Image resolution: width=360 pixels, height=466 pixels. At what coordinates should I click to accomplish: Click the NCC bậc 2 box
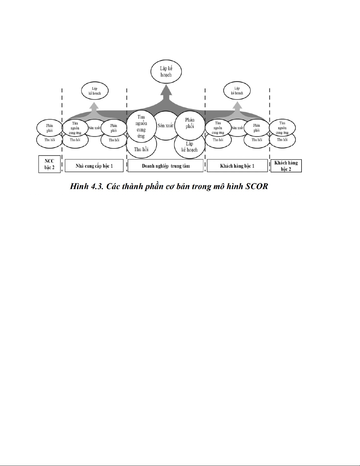49,164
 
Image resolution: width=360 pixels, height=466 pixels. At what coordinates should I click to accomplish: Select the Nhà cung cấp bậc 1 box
94,166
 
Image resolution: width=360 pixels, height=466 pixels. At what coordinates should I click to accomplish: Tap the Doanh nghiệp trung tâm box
165,166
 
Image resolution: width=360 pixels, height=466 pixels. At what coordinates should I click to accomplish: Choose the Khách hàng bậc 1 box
237,166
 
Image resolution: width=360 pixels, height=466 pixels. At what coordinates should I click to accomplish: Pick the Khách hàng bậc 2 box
286,166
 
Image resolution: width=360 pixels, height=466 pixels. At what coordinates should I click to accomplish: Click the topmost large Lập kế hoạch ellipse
166,71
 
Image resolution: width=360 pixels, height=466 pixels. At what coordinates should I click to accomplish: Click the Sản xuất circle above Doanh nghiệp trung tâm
166,126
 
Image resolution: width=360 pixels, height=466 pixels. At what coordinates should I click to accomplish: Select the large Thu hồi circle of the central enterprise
141,147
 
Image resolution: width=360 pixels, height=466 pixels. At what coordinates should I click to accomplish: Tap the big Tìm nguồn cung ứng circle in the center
141,126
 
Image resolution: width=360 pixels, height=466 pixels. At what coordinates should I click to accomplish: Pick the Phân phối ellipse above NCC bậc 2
49,128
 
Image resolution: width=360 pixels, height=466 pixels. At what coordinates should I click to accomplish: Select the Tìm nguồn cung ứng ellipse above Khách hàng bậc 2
282,128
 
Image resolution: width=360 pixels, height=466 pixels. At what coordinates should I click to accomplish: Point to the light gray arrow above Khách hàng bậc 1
237,106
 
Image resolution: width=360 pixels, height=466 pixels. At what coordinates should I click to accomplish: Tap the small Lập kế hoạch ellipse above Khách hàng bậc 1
237,91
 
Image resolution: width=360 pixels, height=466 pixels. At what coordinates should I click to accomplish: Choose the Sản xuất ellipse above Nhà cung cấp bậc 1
94,128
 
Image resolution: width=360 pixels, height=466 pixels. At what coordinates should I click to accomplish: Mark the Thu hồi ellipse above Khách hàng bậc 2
282,140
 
